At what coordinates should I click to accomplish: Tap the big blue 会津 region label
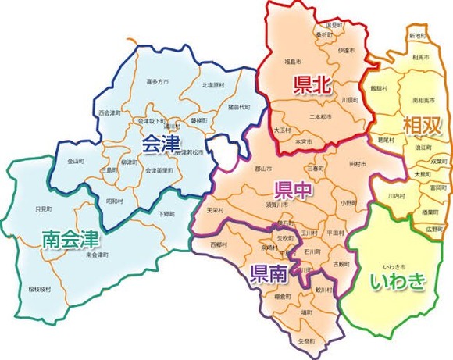pos(160,144)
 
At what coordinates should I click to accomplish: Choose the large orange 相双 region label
pos(420,125)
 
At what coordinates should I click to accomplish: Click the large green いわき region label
pos(398,280)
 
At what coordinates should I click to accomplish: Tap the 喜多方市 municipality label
pos(158,79)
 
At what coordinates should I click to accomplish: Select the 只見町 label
pos(44,209)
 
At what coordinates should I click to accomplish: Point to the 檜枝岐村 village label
pos(38,289)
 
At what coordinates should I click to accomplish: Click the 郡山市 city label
pos(263,168)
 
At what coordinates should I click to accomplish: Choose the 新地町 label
pos(417,36)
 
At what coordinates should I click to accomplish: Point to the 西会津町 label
pos(110,113)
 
